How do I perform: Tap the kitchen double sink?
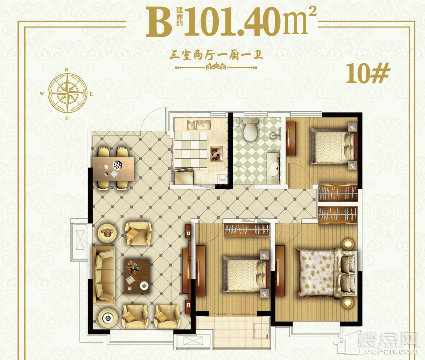(199, 125)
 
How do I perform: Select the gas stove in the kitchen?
(217, 153)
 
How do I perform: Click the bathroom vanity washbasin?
(273, 167)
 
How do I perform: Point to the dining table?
(113, 169)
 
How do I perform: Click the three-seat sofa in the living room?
(104, 275)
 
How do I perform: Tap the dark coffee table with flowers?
(137, 276)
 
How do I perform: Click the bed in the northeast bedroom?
(333, 146)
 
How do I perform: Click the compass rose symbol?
(67, 93)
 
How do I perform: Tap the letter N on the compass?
(66, 70)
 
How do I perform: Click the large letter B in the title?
(159, 22)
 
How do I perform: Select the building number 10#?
(368, 73)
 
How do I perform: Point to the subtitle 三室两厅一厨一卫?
(216, 55)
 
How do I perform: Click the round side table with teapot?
(107, 233)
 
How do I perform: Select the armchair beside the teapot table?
(138, 234)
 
